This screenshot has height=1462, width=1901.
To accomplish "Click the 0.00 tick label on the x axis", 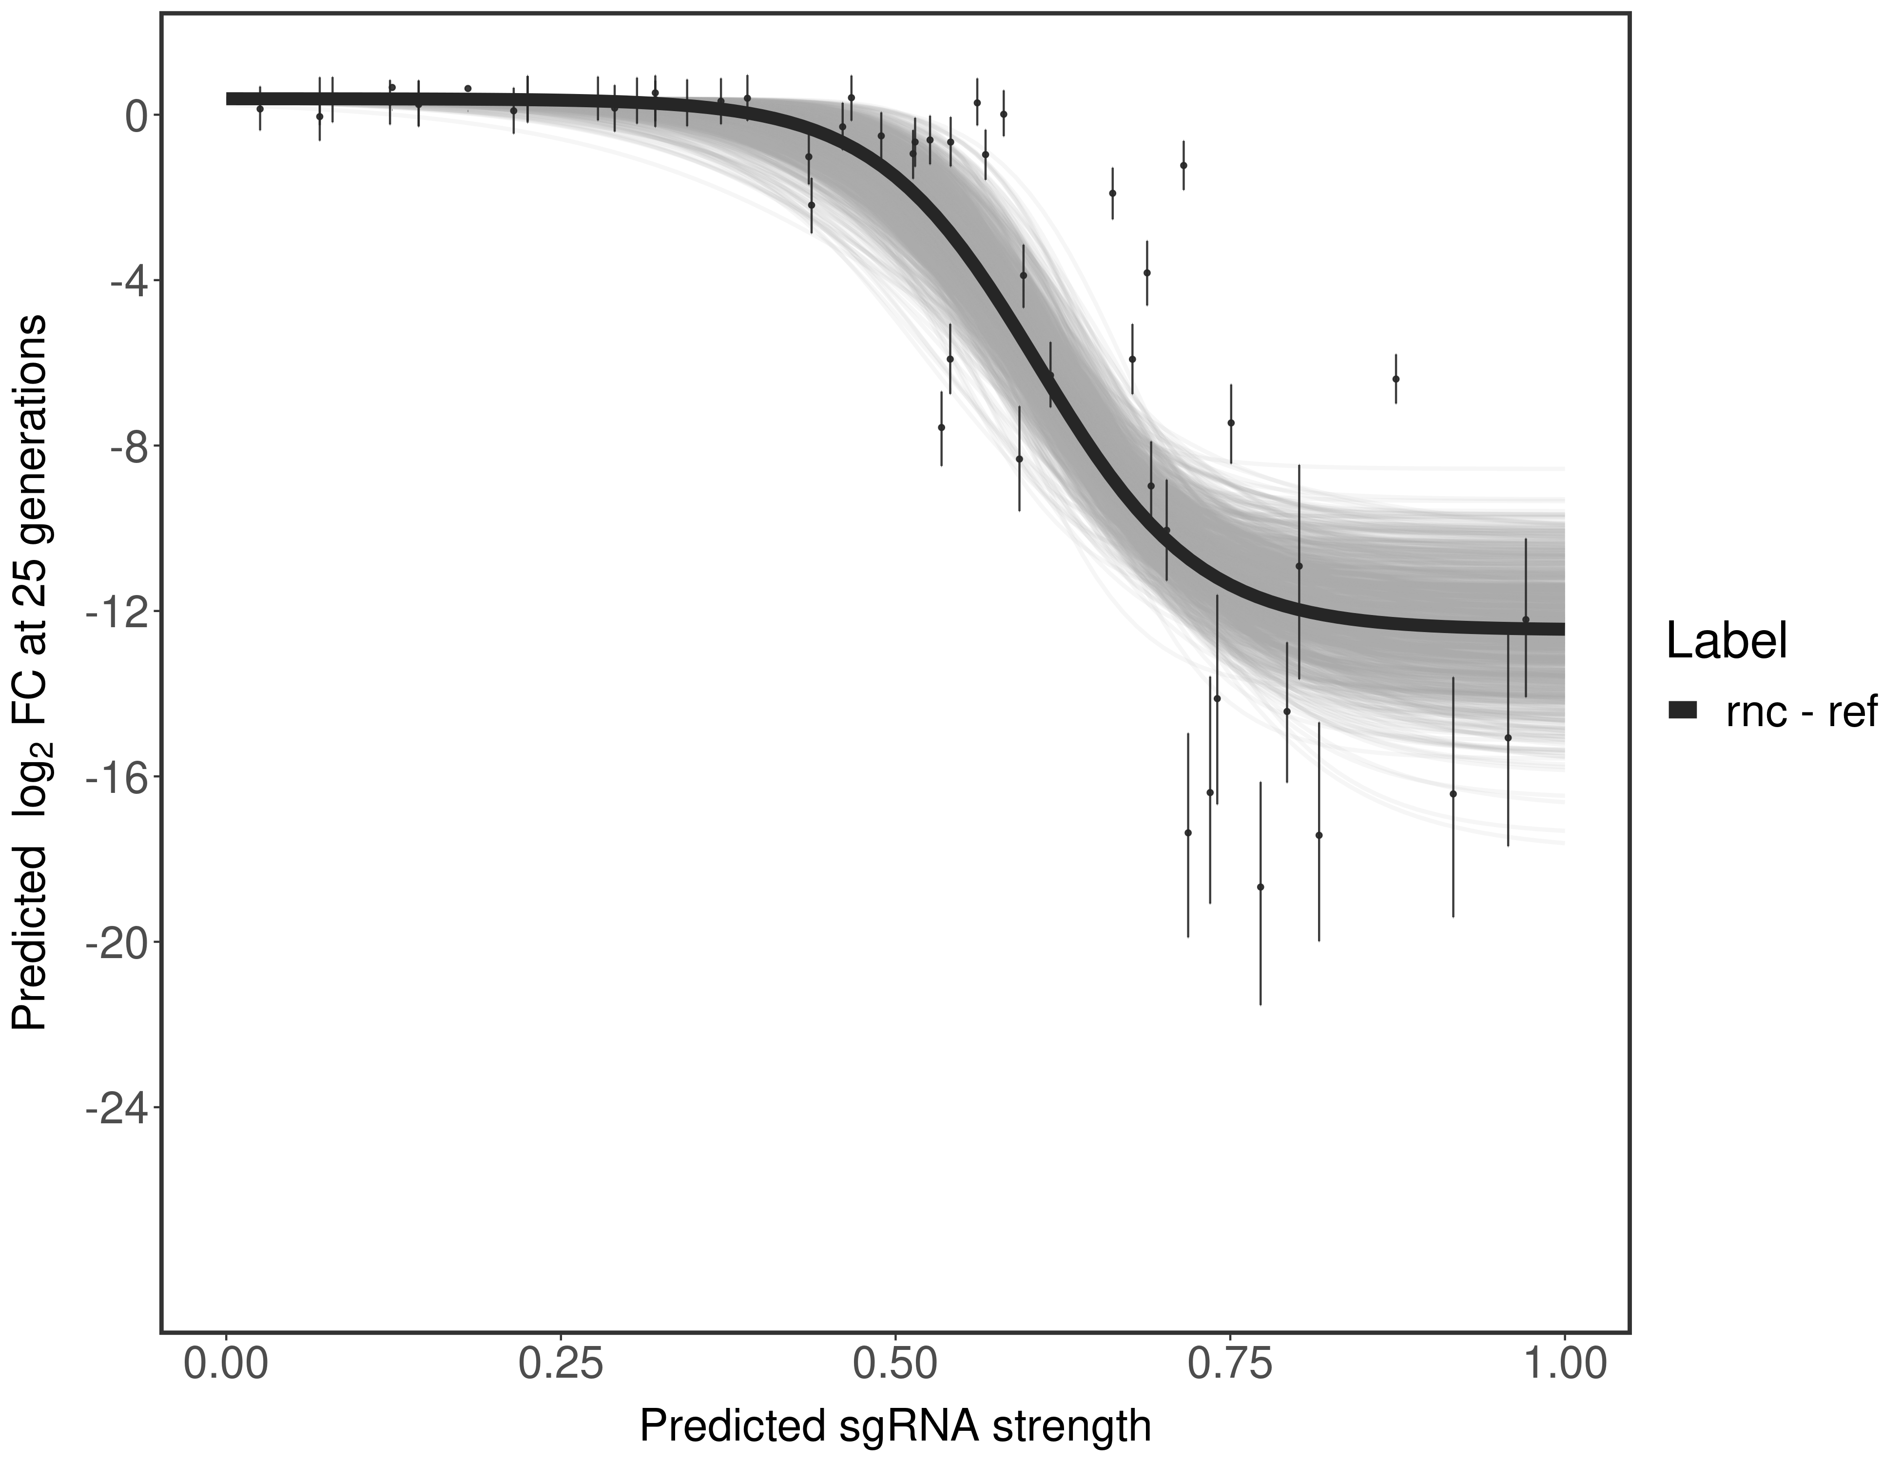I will coord(226,1365).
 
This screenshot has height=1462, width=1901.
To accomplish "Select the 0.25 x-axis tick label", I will coord(561,1365).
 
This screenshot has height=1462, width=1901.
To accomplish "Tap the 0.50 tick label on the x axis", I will coord(896,1365).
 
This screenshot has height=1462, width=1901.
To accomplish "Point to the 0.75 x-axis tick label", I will coord(1230,1365).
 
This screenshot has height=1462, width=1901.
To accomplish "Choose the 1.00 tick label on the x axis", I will coord(1564,1365).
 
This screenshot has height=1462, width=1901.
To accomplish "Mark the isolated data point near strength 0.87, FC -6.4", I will coord(1395,379).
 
